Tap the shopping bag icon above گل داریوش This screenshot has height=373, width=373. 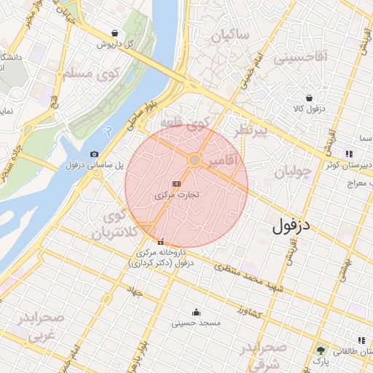coord(116,33)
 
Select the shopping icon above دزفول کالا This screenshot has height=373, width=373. coord(310,98)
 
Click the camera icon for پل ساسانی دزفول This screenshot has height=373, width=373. coord(95,154)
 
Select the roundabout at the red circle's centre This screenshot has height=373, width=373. coord(195,160)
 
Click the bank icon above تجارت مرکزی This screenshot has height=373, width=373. coord(176,184)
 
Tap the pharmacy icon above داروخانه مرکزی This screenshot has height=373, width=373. coord(161,243)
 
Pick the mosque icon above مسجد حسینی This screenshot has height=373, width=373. coord(195,311)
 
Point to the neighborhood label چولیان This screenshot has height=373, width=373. coord(293,173)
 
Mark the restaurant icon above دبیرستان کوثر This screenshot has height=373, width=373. coord(350,154)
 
